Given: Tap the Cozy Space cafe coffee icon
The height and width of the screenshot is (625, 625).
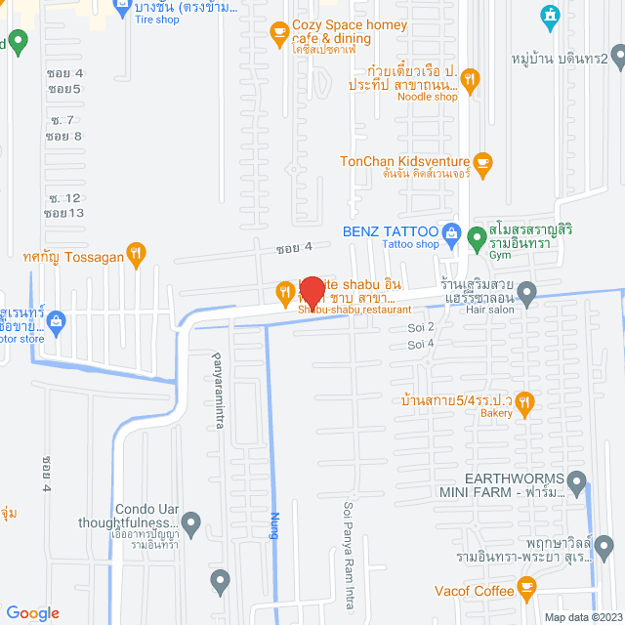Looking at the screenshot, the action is pyautogui.click(x=279, y=32).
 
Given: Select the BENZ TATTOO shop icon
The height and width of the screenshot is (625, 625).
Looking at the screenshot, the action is pyautogui.click(x=452, y=232).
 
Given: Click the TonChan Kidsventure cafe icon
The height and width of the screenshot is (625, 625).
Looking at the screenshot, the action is pyautogui.click(x=482, y=161).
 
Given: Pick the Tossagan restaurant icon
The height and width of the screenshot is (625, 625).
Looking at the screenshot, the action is pyautogui.click(x=137, y=252).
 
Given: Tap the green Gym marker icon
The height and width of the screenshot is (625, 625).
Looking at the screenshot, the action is pyautogui.click(x=476, y=236).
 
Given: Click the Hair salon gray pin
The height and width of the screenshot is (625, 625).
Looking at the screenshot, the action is pyautogui.click(x=526, y=291).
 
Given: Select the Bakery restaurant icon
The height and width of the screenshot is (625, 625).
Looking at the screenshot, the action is pyautogui.click(x=525, y=400).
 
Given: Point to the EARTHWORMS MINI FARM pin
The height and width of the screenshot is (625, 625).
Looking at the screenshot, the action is pyautogui.click(x=576, y=481).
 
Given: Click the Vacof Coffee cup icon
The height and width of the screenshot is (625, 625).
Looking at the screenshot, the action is pyautogui.click(x=527, y=588).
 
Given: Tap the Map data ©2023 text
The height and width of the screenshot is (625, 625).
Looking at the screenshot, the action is pyautogui.click(x=582, y=616).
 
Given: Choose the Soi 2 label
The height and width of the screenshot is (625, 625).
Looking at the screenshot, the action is pyautogui.click(x=421, y=326).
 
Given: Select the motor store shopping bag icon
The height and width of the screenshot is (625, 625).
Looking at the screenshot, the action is pyautogui.click(x=57, y=319).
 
